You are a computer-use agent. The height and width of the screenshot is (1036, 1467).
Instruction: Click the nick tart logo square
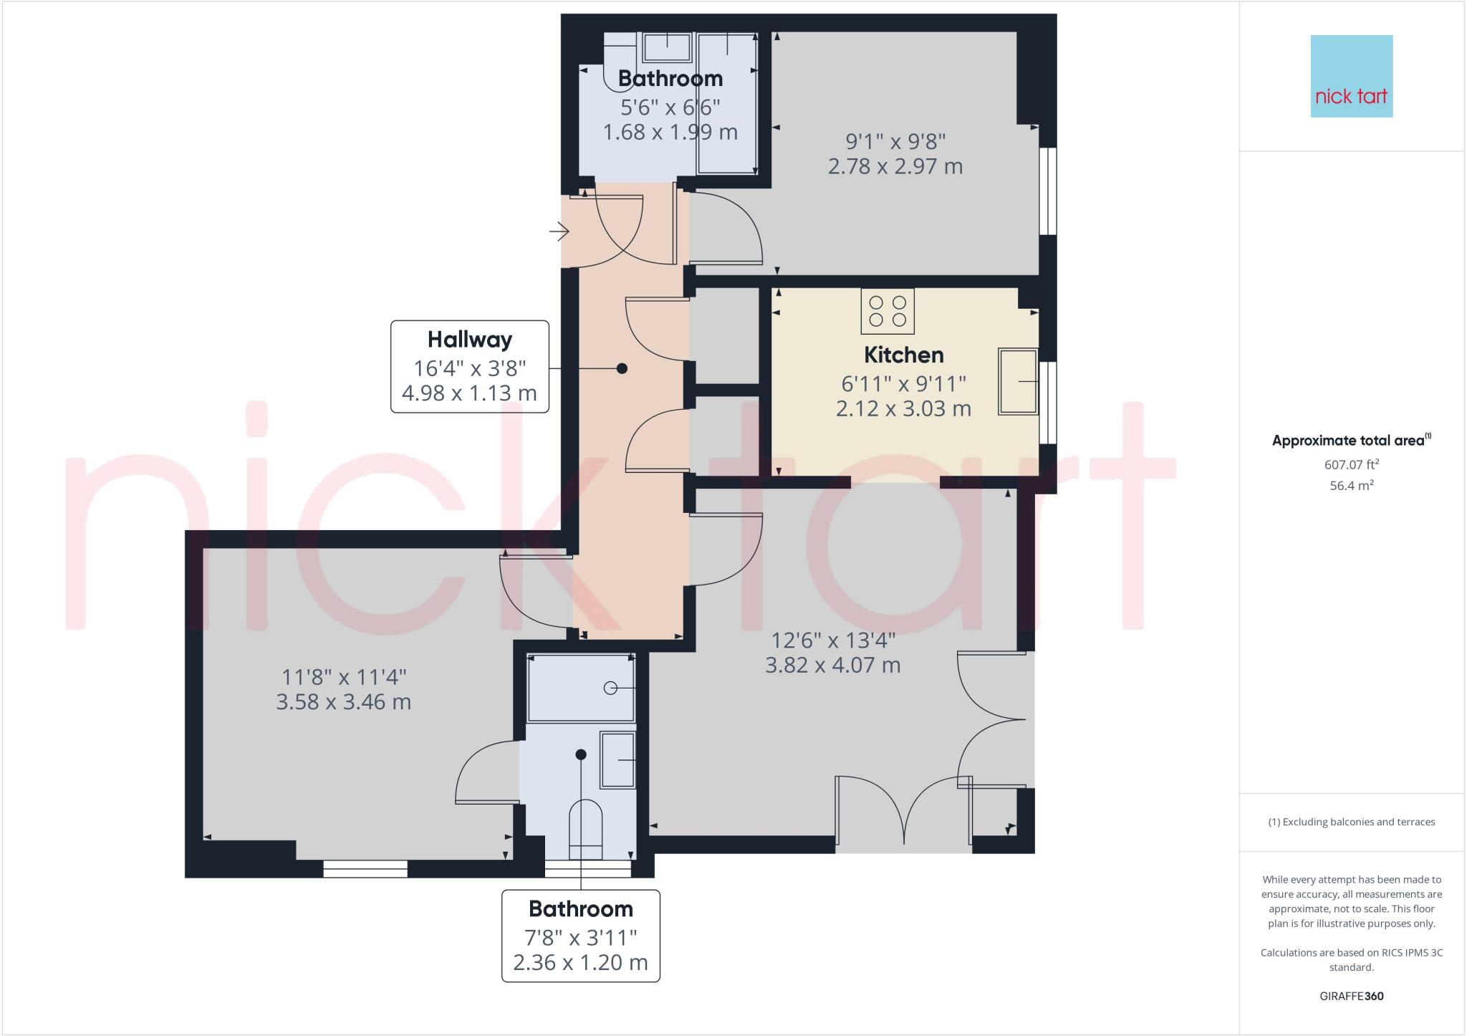tap(1351, 76)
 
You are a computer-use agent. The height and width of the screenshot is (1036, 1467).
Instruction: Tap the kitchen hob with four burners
tap(888, 311)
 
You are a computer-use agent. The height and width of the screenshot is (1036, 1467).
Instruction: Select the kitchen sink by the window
tap(1018, 382)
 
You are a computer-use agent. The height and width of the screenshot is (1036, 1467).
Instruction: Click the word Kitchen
tap(903, 355)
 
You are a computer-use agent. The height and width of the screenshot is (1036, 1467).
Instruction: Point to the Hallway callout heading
tap(470, 340)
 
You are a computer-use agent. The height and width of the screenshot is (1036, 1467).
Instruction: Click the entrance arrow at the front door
tap(559, 231)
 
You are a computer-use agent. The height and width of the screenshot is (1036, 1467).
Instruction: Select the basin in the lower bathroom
tap(617, 759)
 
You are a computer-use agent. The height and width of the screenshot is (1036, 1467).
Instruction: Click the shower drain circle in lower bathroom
tap(610, 688)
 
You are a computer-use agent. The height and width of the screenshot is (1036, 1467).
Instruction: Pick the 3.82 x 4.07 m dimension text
tap(832, 666)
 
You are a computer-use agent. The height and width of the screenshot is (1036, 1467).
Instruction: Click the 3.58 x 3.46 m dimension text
tap(343, 701)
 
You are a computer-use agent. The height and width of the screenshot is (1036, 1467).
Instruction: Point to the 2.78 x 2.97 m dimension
tap(895, 166)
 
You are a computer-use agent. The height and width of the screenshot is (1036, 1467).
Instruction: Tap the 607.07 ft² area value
tap(1351, 465)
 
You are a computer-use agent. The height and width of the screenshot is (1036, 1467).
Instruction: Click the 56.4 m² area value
tap(1351, 486)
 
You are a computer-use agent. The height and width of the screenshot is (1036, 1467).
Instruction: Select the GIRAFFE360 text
tap(1351, 996)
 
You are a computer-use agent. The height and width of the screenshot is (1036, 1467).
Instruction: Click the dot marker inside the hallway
tap(622, 368)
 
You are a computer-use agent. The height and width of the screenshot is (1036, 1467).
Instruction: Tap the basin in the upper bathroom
tap(667, 47)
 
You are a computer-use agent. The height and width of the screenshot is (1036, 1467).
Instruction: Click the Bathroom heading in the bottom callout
tap(580, 909)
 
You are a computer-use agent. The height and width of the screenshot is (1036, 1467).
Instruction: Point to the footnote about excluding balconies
tap(1351, 822)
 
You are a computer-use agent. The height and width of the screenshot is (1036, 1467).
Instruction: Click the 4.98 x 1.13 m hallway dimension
tap(469, 393)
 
